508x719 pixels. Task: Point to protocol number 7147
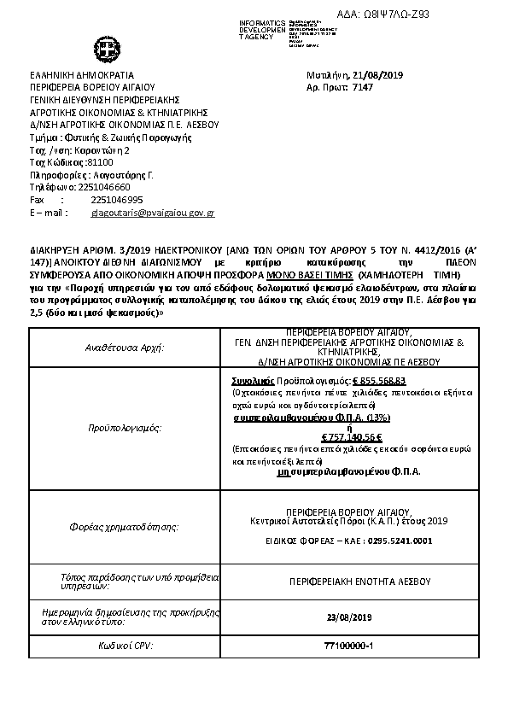click(x=363, y=88)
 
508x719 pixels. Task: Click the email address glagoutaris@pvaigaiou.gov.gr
click(x=152, y=212)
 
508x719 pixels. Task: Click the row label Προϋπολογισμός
click(x=126, y=425)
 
